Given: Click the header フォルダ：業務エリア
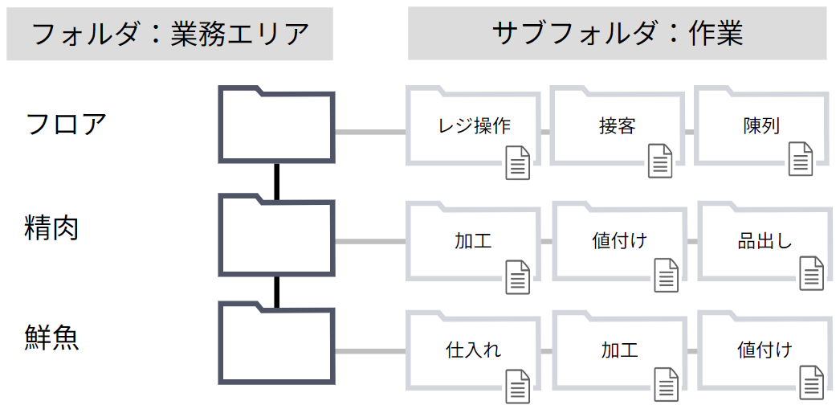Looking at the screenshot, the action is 169,35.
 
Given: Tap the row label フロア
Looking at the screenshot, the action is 66,124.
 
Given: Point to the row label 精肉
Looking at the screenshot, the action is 51,228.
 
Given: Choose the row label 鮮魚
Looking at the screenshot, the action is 51,338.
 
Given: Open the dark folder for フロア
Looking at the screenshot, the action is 277,125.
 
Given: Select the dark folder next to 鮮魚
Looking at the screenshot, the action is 277,343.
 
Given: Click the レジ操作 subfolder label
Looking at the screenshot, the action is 474,126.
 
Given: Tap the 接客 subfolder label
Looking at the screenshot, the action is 618,126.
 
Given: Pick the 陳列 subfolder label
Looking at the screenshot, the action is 760,126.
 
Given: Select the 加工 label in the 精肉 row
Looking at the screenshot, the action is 473,240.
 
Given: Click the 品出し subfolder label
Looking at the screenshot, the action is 765,240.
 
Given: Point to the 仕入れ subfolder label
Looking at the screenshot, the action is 473,350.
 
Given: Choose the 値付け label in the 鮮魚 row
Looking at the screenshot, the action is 765,350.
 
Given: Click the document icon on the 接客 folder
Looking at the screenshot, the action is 660,161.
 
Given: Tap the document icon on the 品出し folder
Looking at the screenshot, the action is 811,273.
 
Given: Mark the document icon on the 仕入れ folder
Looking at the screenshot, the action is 517,385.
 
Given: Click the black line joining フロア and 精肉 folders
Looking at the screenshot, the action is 277,181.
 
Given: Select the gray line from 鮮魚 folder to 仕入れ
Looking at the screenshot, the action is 370,351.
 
